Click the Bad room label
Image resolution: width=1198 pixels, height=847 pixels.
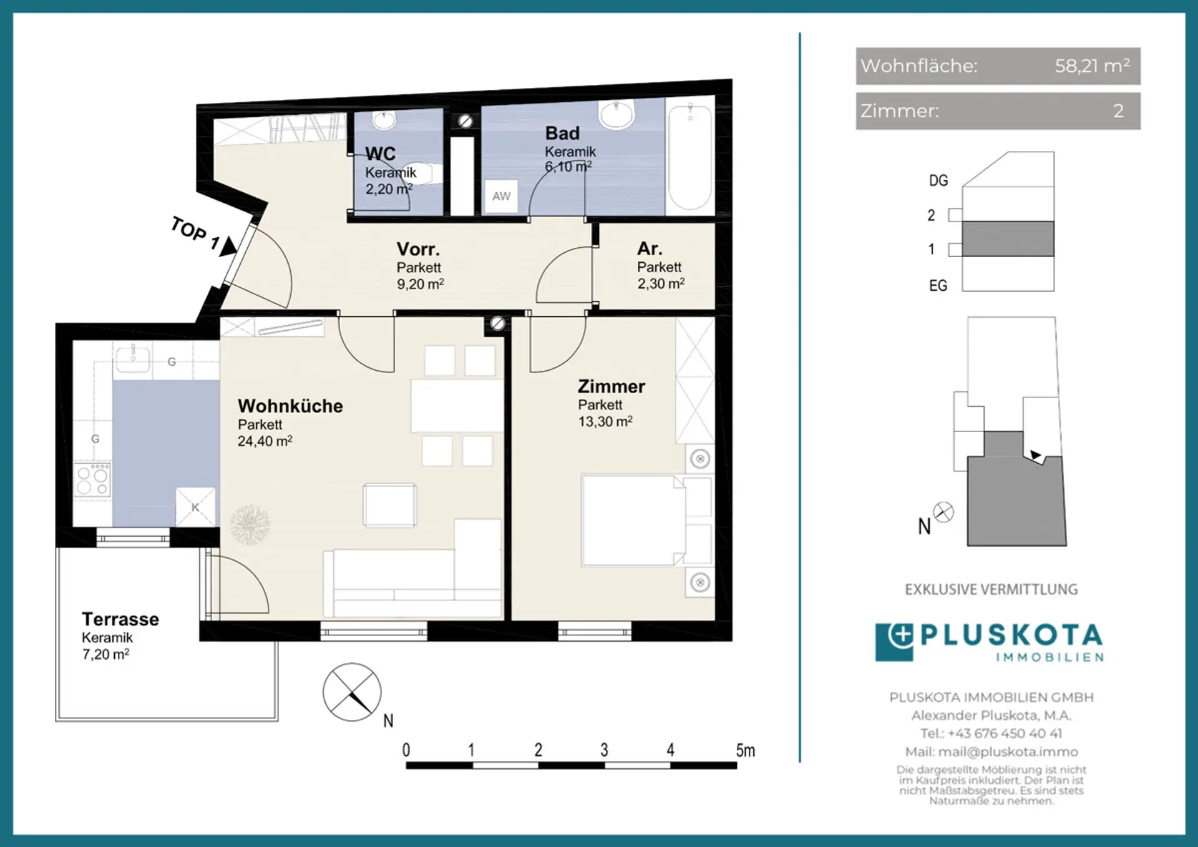562,133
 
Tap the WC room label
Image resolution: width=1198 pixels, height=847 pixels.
380,154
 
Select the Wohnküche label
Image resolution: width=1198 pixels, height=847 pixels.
290,406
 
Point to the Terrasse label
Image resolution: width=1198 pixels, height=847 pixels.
120,619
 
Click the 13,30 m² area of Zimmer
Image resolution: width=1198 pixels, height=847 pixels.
605,421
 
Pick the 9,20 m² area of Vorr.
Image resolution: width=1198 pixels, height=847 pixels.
421,284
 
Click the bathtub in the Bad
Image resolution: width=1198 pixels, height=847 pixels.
689,157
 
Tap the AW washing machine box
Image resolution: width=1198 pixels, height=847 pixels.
501,196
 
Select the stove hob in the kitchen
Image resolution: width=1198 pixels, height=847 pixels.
92,479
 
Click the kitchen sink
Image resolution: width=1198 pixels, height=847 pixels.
132,358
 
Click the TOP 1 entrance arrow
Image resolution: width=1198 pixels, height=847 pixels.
228,246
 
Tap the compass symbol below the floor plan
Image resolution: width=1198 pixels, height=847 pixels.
352,692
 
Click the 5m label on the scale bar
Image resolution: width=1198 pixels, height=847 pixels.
745,750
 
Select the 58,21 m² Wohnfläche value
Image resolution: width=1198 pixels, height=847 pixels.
1092,66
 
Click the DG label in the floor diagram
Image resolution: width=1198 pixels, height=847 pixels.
938,181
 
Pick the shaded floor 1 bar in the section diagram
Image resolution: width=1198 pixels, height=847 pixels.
1008,238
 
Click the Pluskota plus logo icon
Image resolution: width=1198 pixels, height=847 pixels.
894,642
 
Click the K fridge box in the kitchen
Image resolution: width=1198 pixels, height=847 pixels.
195,507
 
